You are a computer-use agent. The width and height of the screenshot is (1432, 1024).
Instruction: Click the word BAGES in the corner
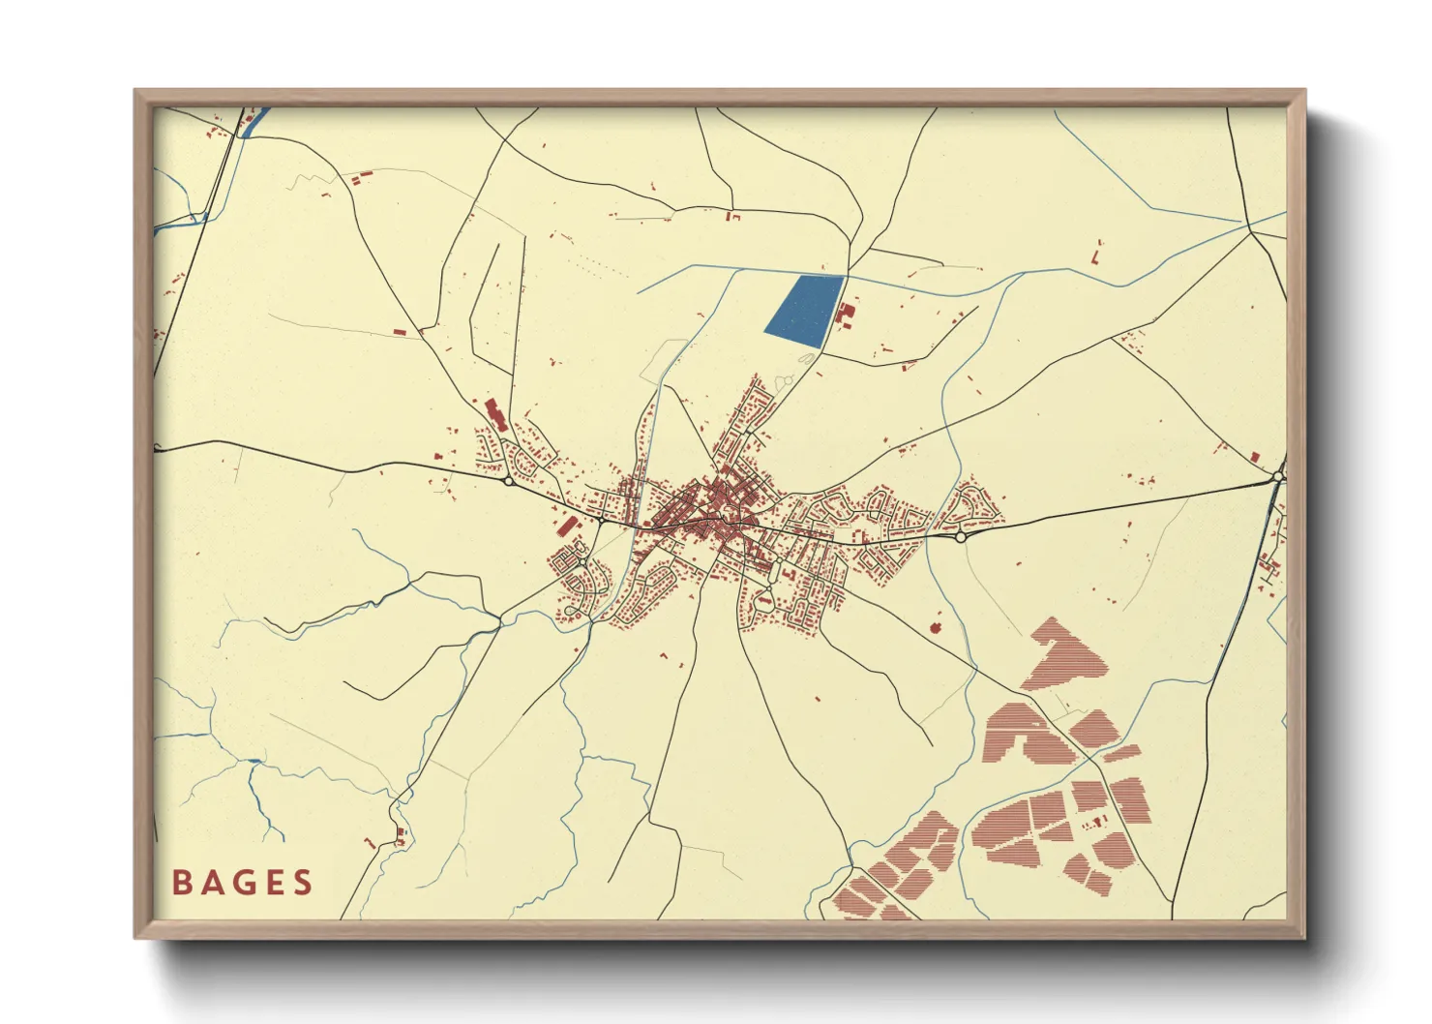[x=243, y=882]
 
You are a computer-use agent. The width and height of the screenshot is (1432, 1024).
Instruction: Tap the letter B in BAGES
[x=181, y=882]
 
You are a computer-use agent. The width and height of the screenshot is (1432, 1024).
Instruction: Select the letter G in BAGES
[x=242, y=882]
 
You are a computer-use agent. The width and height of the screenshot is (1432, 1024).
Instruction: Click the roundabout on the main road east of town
[x=960, y=536]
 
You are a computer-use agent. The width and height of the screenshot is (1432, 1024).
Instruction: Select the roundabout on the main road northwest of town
[x=508, y=480]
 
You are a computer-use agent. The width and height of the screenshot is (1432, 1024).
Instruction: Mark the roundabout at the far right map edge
[x=1279, y=475]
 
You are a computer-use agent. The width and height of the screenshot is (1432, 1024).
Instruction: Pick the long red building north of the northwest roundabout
[x=495, y=414]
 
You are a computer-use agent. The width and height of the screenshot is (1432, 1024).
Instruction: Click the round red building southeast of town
[x=936, y=627]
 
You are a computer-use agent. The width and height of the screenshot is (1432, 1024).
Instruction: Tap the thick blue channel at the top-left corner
[x=253, y=122]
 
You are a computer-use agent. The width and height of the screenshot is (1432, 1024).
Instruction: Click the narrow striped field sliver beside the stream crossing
[x=1121, y=753]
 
